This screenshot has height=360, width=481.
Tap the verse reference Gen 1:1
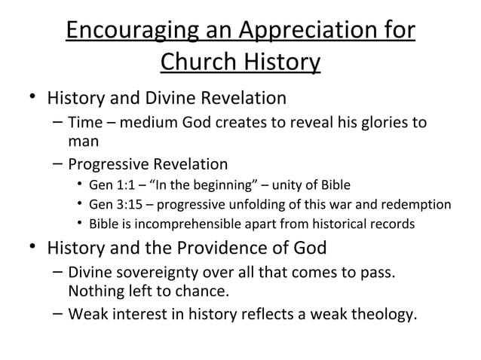[x=107, y=185]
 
